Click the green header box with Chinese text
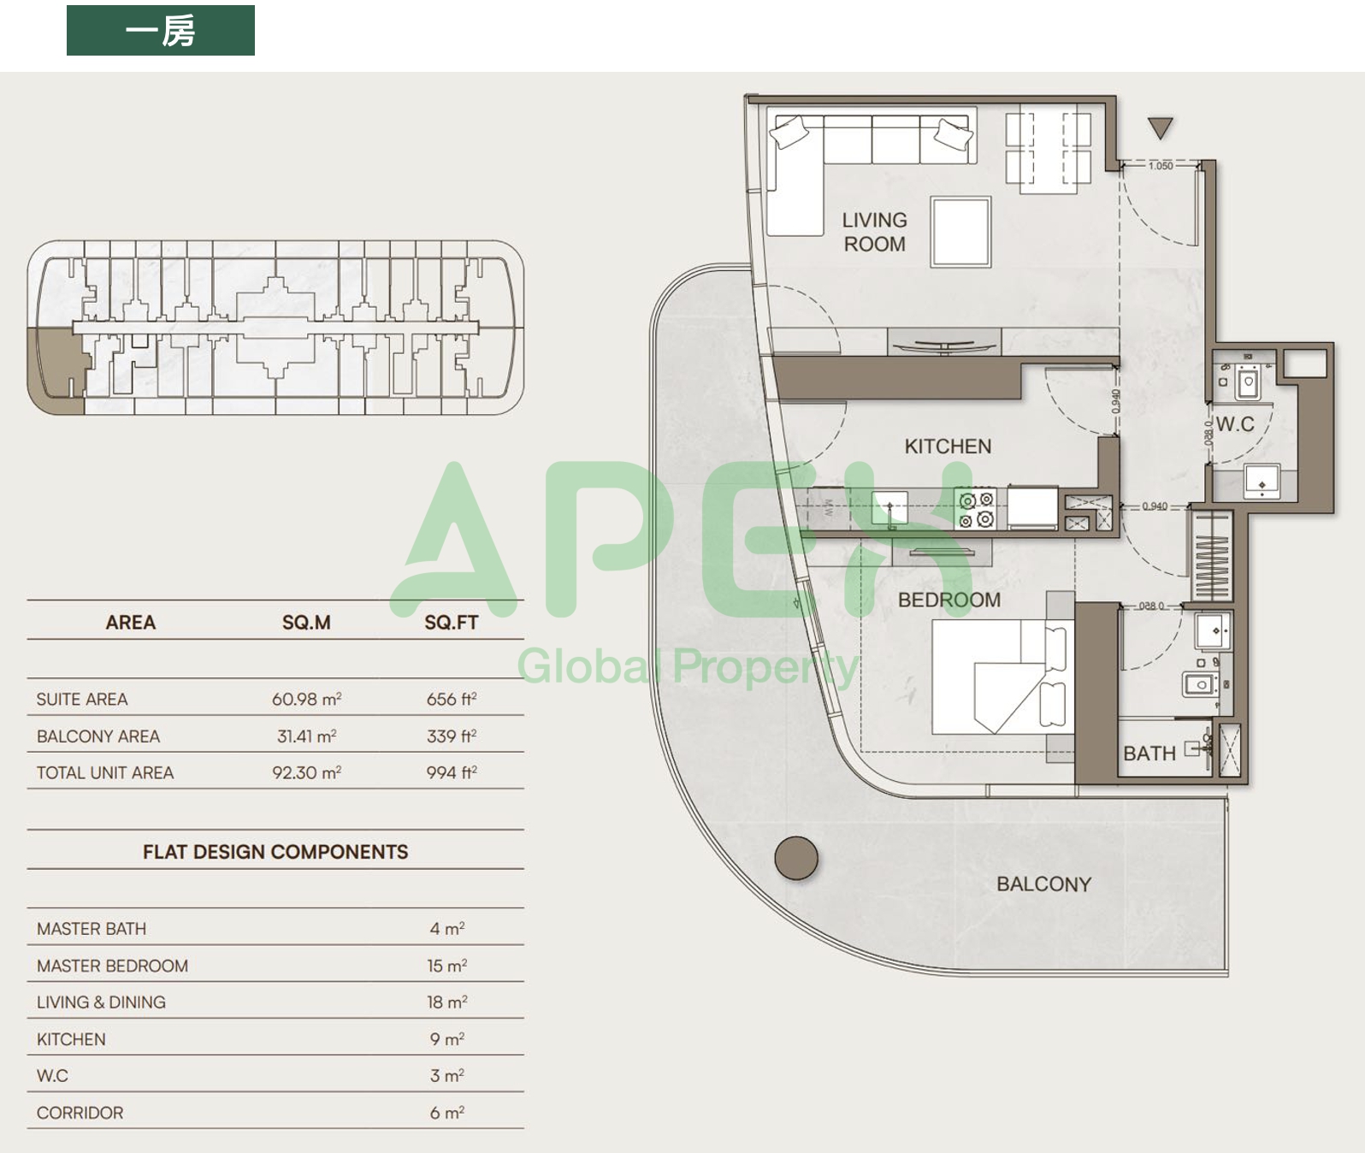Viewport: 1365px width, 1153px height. click(x=160, y=30)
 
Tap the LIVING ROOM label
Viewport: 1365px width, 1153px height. click(x=875, y=232)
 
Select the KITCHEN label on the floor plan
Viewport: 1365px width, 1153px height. click(x=948, y=446)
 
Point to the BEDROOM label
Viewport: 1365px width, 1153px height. click(x=949, y=600)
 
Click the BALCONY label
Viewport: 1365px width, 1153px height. click(x=1044, y=884)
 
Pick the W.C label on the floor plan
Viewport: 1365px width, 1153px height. click(x=1235, y=423)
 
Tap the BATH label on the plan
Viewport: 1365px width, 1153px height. click(x=1149, y=754)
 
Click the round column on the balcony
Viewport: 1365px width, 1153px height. click(x=796, y=858)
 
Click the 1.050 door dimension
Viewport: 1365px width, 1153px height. click(x=1161, y=166)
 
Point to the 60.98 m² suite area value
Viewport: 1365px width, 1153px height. click(x=306, y=699)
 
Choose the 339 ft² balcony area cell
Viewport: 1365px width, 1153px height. click(x=452, y=736)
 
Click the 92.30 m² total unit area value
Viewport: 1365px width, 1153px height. click(x=306, y=772)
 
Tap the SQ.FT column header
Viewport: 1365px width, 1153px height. click(x=451, y=622)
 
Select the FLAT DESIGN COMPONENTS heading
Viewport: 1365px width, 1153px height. click(x=275, y=852)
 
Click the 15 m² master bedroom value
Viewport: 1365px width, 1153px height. click(x=447, y=966)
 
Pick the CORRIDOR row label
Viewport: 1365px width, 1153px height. click(x=80, y=1113)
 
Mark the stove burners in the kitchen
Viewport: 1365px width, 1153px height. click(x=976, y=509)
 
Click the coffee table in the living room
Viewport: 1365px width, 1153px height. click(x=961, y=232)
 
